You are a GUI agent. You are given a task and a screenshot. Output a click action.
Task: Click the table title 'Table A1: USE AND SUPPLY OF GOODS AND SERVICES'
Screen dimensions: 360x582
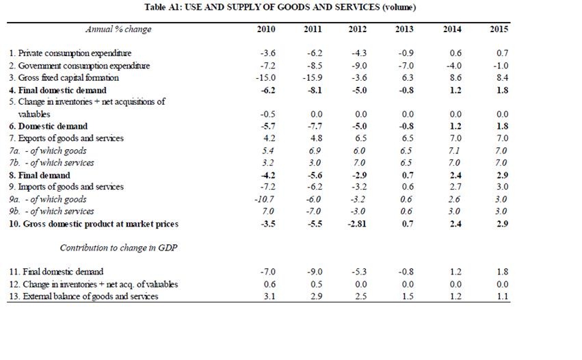coord(280,8)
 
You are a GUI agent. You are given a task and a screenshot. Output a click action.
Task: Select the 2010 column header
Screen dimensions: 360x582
coord(266,29)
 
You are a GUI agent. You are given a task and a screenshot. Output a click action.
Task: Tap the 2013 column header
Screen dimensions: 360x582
coord(404,29)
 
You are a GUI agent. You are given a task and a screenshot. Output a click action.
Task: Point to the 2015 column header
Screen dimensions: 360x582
coord(499,29)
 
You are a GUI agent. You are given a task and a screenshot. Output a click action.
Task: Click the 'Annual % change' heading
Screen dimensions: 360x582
coord(118,29)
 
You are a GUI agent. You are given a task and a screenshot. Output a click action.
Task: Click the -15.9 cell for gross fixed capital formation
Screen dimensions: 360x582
coord(311,78)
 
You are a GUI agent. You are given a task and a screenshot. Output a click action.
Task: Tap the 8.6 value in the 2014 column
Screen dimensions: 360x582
coord(452,78)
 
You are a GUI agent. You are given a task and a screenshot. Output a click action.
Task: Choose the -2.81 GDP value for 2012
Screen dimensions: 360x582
coord(357,224)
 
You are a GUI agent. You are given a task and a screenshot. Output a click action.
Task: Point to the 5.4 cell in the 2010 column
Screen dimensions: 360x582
coord(266,150)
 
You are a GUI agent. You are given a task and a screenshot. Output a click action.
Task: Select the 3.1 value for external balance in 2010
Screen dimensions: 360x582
coord(267,296)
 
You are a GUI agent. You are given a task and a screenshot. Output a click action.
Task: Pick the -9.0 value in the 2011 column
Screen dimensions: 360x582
coord(313,272)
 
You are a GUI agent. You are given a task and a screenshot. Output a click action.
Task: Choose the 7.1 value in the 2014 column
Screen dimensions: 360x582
coord(452,150)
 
